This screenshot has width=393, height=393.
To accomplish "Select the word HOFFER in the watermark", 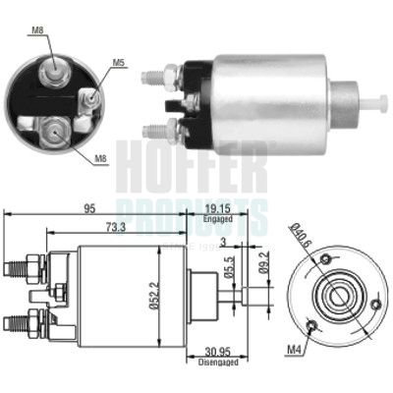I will [x=192, y=167].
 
